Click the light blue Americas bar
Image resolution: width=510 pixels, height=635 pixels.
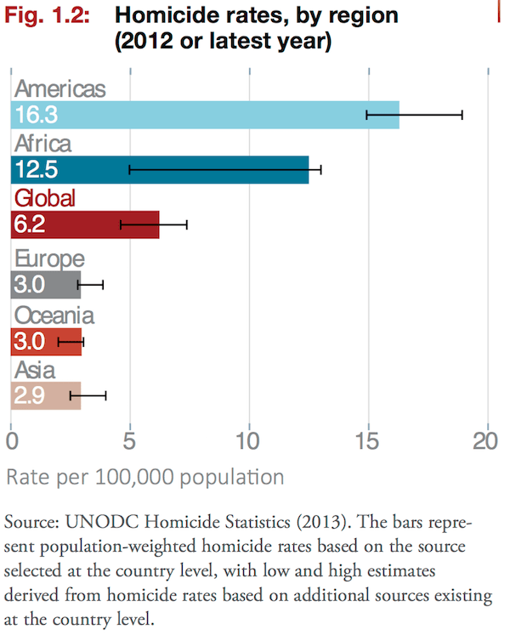pos(204,114)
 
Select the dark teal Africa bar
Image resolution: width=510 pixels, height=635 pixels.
pos(161,169)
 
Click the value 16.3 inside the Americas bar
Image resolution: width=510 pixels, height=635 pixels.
pos(37,114)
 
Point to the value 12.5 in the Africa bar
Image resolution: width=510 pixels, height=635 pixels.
pos(37,169)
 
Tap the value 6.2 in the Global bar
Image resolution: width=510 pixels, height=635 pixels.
pos(30,224)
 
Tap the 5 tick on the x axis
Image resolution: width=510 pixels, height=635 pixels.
pos(130,441)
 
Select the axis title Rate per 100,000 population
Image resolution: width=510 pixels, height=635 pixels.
pos(145,477)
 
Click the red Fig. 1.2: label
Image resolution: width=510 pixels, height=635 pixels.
pos(52,14)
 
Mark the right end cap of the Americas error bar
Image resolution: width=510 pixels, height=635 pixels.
pos(462,114)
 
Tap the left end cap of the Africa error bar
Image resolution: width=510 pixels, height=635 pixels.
pos(129,169)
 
